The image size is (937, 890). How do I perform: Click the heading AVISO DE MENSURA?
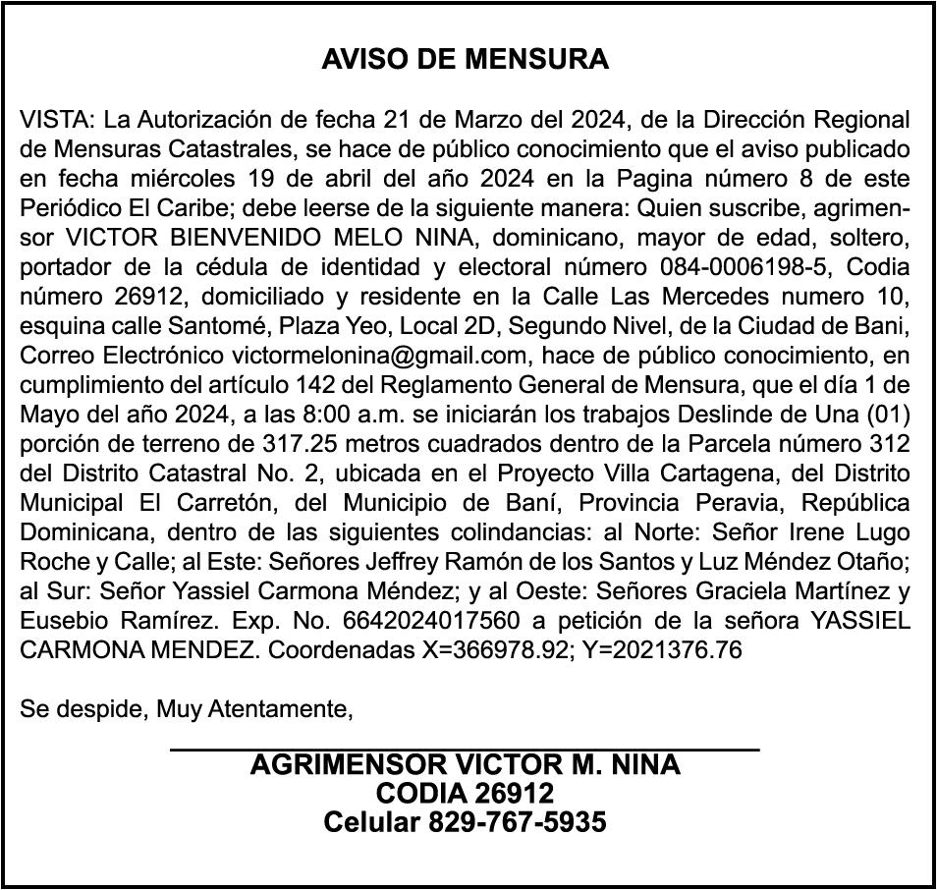(466, 60)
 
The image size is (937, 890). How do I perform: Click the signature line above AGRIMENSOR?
(465, 751)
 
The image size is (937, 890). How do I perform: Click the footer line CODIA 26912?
(465, 794)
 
